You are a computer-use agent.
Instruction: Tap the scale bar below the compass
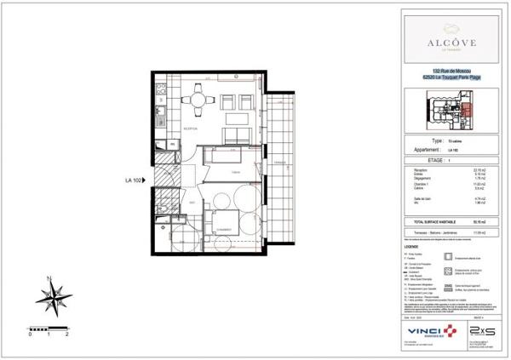(49, 327)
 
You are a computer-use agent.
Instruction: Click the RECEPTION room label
(190, 129)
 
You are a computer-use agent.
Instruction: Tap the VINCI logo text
(419, 329)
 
